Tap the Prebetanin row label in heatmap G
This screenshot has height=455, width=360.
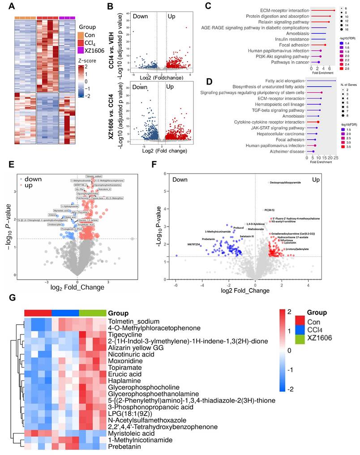123,446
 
